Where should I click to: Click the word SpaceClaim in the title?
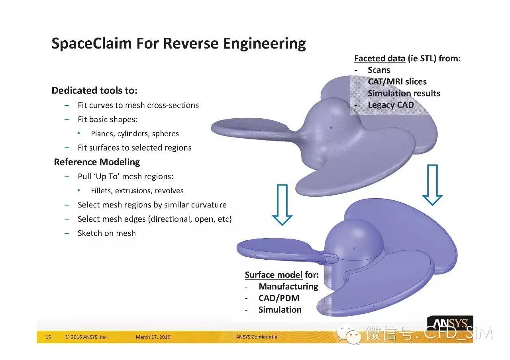pos(92,43)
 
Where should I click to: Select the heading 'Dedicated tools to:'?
pos(94,90)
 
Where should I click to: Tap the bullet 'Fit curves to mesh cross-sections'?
pos(138,105)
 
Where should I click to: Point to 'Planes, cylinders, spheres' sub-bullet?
pos(135,133)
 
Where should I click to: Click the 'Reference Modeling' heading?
pos(97,162)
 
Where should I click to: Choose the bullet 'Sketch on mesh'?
pos(106,233)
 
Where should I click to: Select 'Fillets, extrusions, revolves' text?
pos(137,190)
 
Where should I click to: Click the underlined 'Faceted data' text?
pos(380,59)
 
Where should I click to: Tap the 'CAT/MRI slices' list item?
pos(397,82)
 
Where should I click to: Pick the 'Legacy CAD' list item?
pos(391,105)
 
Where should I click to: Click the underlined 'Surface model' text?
pos(274,275)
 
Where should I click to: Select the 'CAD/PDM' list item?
pos(279,298)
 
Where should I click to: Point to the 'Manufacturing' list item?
pos(288,286)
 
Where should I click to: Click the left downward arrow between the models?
pos(282,205)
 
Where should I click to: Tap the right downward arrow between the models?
pos(432,185)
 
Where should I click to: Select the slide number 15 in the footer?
pos(48,337)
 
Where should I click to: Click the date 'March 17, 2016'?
pos(153,337)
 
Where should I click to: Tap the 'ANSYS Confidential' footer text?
pos(257,337)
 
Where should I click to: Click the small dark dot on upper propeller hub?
pos(331,127)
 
